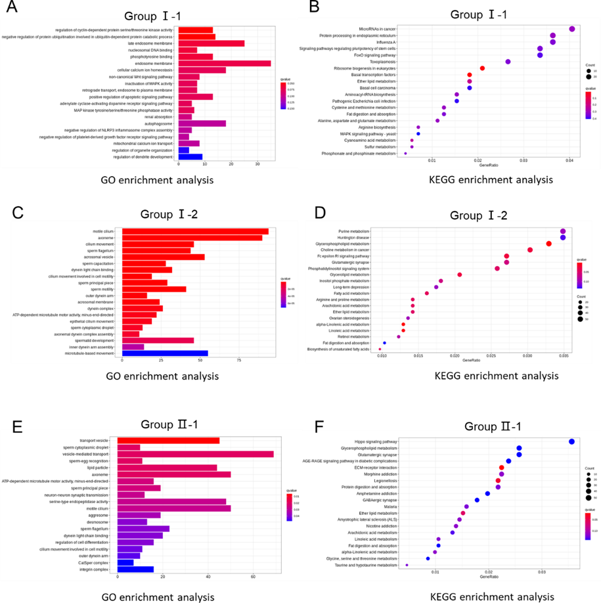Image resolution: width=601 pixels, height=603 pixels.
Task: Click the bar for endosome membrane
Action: (224, 63)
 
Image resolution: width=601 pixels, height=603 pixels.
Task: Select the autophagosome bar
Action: (202, 123)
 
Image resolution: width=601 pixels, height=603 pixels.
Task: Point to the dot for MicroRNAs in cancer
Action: (572, 29)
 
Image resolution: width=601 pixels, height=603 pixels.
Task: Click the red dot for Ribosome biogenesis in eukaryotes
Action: (482, 68)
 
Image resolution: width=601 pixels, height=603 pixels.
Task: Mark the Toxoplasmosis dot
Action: (508, 62)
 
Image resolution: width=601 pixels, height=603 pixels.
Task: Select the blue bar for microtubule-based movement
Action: (165, 353)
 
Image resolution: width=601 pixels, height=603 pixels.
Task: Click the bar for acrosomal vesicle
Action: (164, 257)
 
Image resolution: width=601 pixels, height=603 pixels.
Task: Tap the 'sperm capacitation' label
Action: (98, 263)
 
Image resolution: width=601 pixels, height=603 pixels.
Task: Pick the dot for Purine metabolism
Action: (563, 231)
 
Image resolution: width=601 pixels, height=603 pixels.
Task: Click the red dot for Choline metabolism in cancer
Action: (530, 250)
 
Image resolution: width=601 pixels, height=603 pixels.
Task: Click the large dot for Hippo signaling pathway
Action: (571, 442)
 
